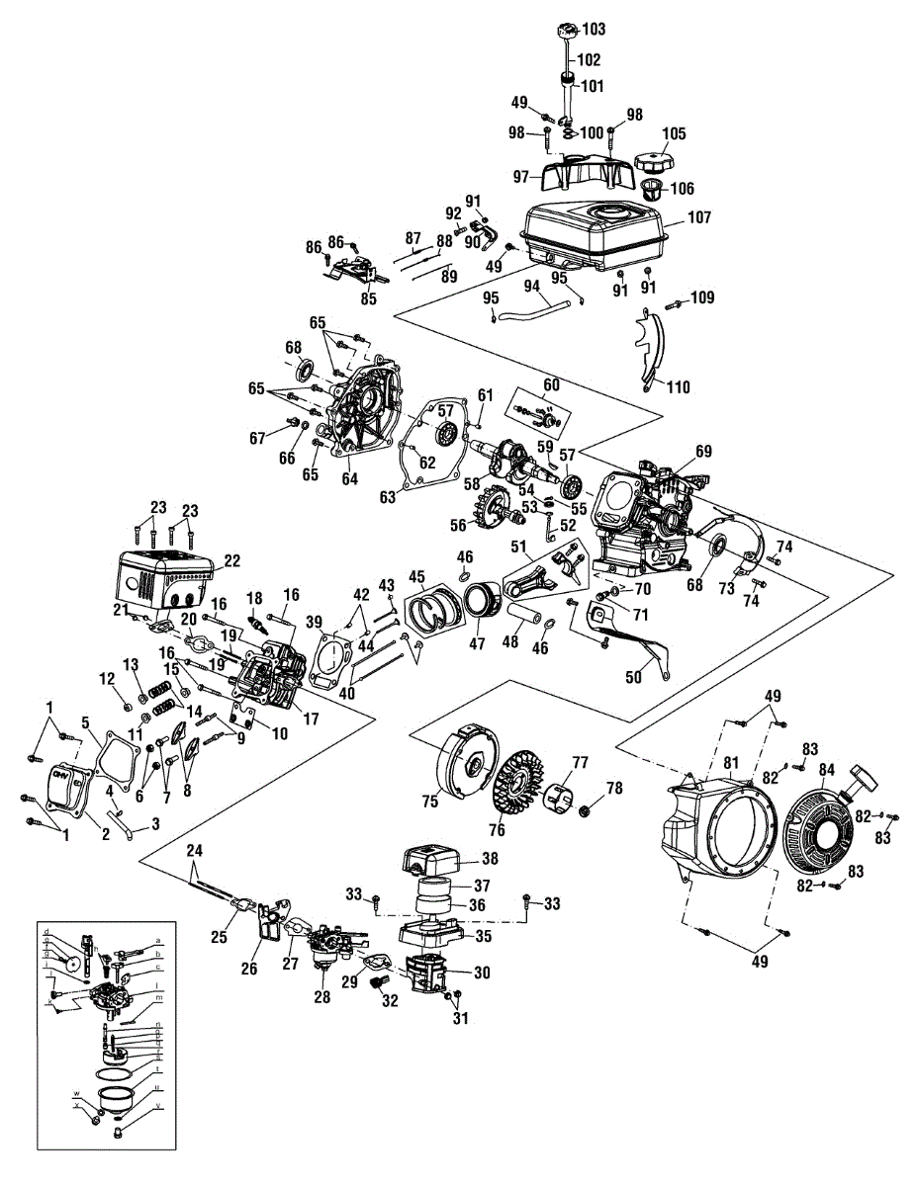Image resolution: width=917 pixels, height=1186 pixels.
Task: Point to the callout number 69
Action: pos(702,452)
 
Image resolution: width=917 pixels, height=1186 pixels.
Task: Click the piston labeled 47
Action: pos(483,603)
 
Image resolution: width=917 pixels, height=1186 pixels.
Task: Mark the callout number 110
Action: pos(678,386)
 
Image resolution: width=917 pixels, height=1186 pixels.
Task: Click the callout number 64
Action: pos(349,479)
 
